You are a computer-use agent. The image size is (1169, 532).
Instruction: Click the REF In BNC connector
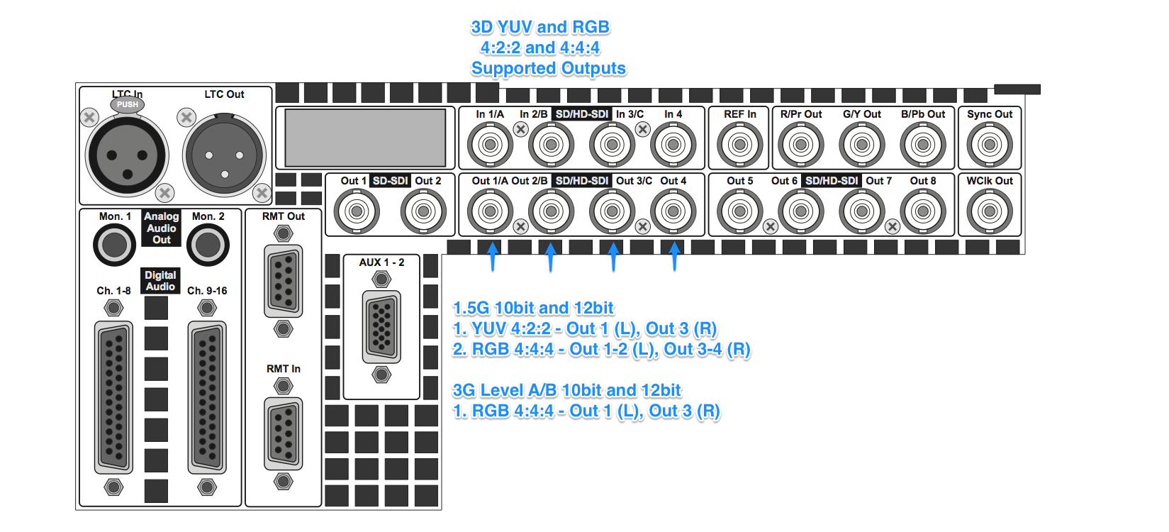[x=739, y=145]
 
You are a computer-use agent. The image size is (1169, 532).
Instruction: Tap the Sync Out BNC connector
[x=990, y=145]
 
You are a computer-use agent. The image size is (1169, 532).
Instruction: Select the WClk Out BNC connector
[x=990, y=211]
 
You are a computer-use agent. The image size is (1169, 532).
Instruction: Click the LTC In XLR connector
[x=127, y=155]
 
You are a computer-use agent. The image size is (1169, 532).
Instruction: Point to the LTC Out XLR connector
[x=225, y=155]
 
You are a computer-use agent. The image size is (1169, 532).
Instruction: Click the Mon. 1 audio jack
[x=114, y=245]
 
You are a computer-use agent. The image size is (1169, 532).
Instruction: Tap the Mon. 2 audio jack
[x=208, y=245]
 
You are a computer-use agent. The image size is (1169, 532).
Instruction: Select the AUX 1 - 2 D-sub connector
[x=381, y=327]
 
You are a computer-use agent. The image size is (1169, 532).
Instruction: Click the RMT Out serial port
[x=284, y=281]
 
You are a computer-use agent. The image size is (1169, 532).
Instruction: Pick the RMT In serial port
[x=284, y=434]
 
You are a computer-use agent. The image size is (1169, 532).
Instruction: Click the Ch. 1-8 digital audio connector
[x=113, y=398]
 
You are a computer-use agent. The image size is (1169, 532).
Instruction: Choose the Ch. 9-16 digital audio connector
[x=207, y=398]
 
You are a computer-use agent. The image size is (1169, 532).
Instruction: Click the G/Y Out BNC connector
[x=861, y=145]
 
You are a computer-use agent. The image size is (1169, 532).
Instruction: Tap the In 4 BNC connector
[x=673, y=145]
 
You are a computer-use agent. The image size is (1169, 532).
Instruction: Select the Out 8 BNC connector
[x=923, y=211]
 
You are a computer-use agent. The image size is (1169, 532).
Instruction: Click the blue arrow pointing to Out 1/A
[x=492, y=256]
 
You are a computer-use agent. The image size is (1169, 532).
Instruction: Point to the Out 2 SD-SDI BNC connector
[x=423, y=211]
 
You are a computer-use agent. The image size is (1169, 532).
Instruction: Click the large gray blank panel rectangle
[x=365, y=138]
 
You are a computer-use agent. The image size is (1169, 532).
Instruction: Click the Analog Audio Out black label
[x=161, y=228]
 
